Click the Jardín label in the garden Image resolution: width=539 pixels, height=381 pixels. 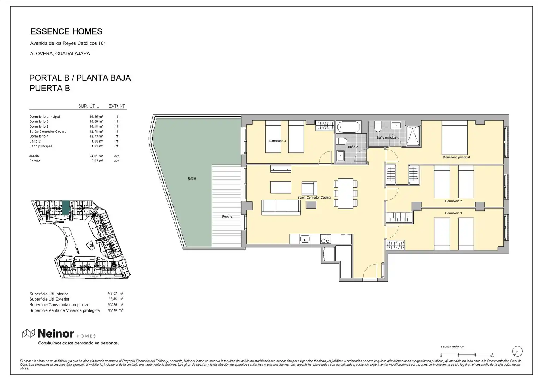point(192,179)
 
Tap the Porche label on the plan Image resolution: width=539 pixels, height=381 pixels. point(227,217)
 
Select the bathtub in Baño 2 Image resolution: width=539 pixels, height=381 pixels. point(349,127)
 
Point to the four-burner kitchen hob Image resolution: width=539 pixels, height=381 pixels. point(325,239)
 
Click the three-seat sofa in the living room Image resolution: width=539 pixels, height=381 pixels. point(281,207)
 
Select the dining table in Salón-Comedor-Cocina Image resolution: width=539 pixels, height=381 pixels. point(346,193)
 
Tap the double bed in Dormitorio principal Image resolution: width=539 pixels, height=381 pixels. point(455,138)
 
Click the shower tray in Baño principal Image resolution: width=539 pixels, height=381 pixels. point(413,136)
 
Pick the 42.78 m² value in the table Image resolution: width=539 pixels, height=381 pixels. point(96,132)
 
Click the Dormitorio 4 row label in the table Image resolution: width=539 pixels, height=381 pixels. point(39,136)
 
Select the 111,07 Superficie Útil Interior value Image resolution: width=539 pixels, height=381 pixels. point(112,294)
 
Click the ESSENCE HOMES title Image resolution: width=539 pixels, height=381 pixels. point(66,31)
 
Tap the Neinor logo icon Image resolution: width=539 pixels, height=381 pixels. point(29,334)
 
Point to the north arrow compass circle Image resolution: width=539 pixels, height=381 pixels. point(517,351)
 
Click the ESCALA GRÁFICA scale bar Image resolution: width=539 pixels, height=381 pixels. point(467,354)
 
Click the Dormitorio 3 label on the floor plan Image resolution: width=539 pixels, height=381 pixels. point(453,213)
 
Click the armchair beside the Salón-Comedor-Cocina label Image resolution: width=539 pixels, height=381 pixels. point(309,188)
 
